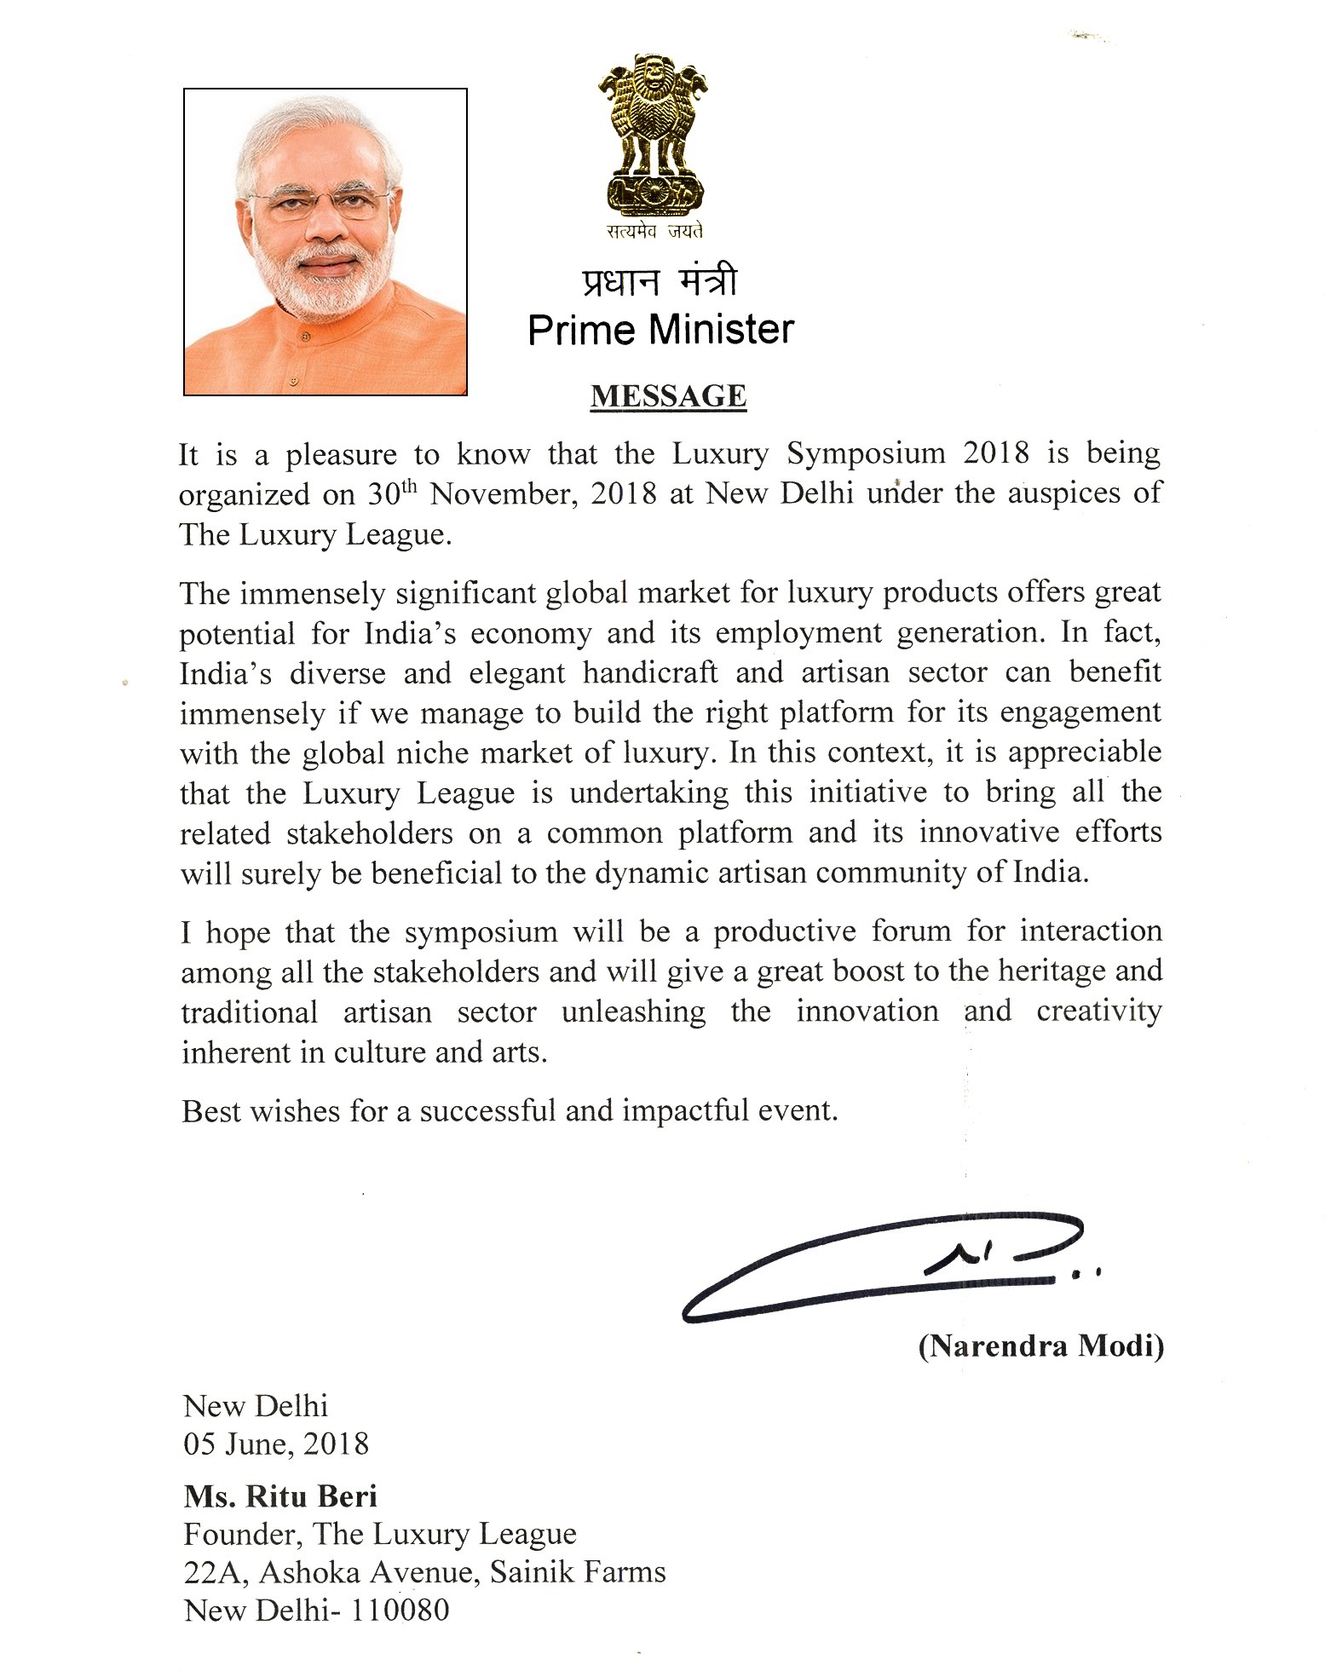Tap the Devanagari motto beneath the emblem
point(654,230)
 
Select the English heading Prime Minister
point(660,330)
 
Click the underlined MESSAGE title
point(668,396)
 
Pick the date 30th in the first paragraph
point(392,493)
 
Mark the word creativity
point(1098,1011)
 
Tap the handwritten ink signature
point(886,1265)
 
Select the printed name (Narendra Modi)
point(1040,1346)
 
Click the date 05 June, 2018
point(276,1444)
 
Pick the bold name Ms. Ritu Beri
point(280,1495)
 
